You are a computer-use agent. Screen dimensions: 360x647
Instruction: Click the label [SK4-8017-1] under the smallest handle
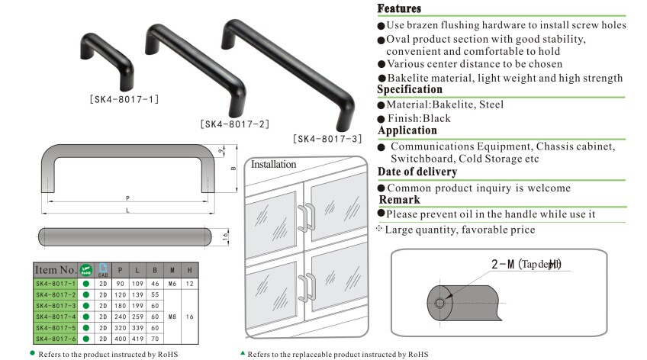(x=124, y=98)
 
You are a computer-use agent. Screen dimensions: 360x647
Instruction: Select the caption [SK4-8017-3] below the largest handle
(x=327, y=139)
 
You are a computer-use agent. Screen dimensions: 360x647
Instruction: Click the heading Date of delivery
(x=417, y=172)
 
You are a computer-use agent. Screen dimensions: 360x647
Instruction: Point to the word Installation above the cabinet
(x=273, y=163)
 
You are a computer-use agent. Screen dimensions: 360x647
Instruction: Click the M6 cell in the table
(x=172, y=283)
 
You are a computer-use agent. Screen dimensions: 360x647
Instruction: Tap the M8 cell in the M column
(x=172, y=316)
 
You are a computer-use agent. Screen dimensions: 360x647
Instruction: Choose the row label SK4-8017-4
(x=56, y=316)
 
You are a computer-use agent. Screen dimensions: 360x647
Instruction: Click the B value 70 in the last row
(x=155, y=338)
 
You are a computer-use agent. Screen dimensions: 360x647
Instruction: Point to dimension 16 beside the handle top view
(x=225, y=236)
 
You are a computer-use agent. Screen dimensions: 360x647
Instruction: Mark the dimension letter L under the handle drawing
(x=127, y=210)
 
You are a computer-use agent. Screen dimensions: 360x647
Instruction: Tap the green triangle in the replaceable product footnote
(x=243, y=353)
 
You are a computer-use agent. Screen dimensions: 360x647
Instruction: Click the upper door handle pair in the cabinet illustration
(x=306, y=217)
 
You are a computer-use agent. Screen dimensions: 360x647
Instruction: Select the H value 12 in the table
(x=189, y=283)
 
